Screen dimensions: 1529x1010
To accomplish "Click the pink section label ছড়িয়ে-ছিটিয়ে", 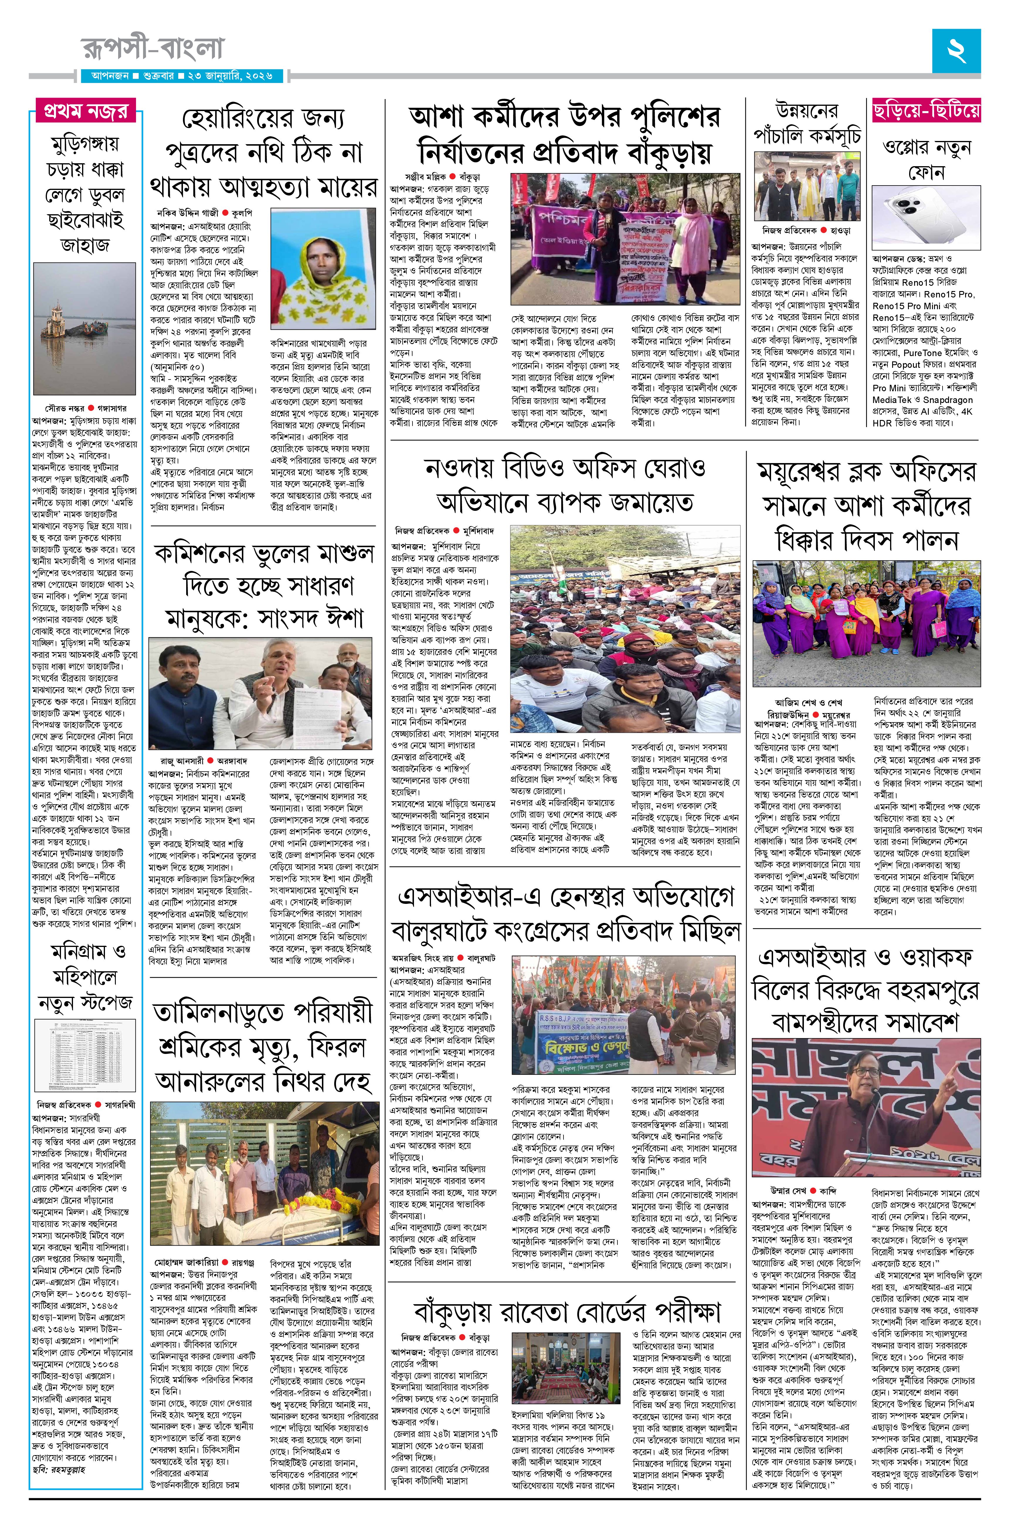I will point(926,111).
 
